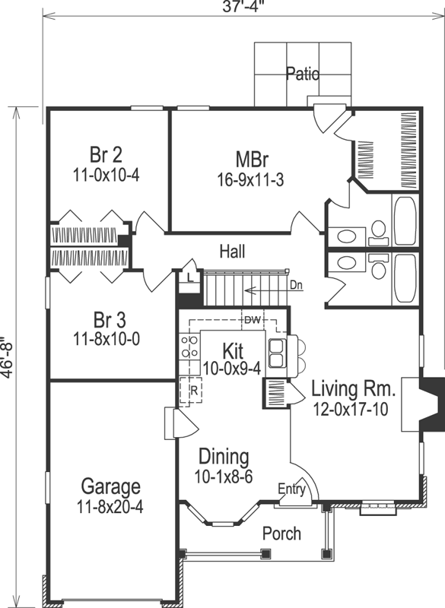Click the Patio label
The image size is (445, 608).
(x=303, y=73)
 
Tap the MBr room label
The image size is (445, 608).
(x=253, y=159)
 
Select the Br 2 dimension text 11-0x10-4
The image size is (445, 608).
(x=106, y=176)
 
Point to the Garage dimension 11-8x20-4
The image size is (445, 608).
(x=110, y=506)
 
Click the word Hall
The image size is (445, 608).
(x=233, y=252)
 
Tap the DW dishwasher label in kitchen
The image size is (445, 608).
(x=253, y=320)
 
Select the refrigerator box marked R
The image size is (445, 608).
(x=190, y=390)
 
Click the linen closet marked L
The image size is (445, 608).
(x=189, y=277)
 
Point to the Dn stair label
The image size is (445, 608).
(x=297, y=286)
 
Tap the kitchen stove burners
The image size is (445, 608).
(x=189, y=347)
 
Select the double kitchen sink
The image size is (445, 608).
(x=276, y=353)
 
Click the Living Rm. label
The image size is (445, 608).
(x=353, y=389)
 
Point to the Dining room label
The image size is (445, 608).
(x=224, y=457)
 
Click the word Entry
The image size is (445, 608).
(x=292, y=489)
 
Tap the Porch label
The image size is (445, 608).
(x=281, y=534)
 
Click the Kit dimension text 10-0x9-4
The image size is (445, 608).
(x=231, y=369)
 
